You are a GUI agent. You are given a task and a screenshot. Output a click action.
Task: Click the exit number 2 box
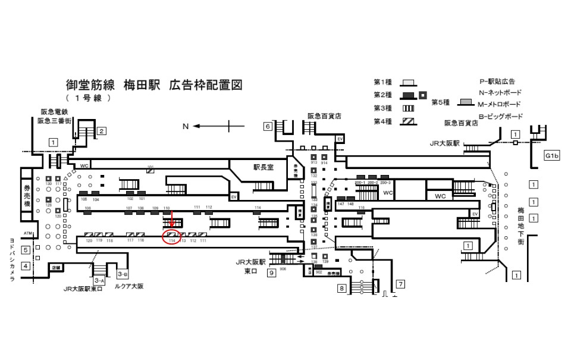[x=102, y=131]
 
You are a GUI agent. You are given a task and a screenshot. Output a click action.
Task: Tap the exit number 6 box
[x=268, y=126]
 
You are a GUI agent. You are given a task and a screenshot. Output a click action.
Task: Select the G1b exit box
[x=553, y=156]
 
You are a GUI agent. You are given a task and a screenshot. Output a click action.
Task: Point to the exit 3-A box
[x=99, y=280]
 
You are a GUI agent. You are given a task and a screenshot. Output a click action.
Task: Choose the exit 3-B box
[x=123, y=274]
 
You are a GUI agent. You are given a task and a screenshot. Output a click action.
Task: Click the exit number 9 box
[x=271, y=273]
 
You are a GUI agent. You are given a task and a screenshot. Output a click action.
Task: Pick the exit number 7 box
[x=400, y=284]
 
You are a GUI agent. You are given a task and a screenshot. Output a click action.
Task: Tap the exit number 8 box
[x=342, y=289]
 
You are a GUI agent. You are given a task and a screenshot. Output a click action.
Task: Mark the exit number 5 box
[x=26, y=250]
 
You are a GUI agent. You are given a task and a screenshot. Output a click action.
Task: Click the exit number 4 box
[x=26, y=266]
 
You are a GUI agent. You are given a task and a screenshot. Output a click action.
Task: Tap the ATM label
[x=27, y=233]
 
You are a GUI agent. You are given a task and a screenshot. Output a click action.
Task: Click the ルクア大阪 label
[x=129, y=286]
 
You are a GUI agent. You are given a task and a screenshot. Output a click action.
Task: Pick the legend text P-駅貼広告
[x=497, y=81]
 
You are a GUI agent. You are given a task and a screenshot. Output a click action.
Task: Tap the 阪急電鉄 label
[x=55, y=111]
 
